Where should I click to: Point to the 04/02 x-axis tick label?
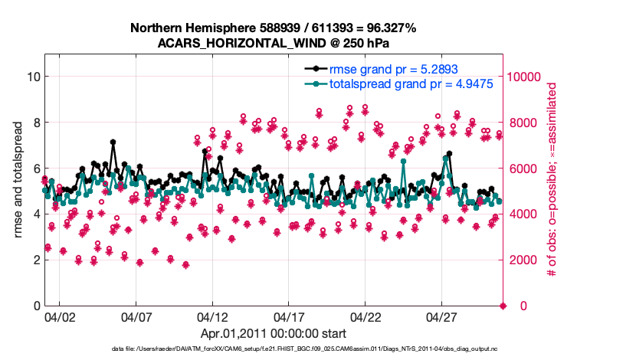pos(59,316)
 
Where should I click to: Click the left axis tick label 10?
pos(33,77)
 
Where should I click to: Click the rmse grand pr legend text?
pos(394,69)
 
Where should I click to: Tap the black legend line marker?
pos(315,69)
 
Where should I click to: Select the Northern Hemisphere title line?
pos(274,28)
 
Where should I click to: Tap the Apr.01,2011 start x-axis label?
pos(274,333)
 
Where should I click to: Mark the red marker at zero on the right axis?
pos(503,306)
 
